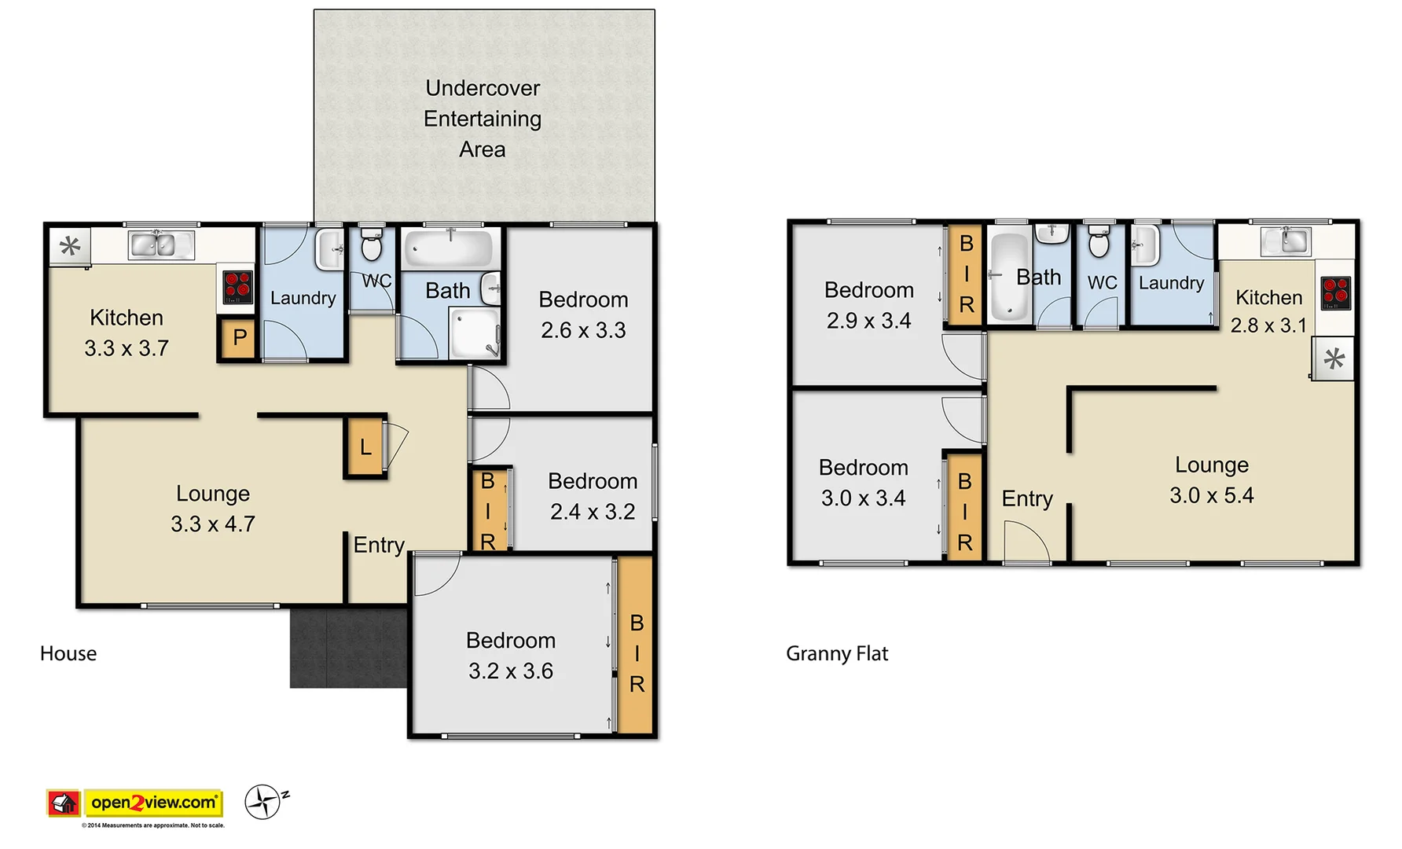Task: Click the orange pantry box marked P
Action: coord(239,339)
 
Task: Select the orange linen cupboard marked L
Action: coord(365,448)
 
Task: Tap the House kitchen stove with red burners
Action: coord(237,288)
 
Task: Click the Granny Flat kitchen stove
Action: coord(1335,292)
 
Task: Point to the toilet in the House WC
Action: coord(371,245)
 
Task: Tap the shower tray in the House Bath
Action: coord(475,333)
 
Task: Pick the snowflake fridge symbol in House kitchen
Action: coord(70,247)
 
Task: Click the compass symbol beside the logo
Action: coord(263,802)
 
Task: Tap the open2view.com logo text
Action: coord(153,803)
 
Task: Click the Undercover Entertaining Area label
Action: coord(483,119)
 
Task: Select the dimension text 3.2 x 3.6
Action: coord(511,671)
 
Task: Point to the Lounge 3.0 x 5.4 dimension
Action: coord(1211,495)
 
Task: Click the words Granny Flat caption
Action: coord(836,653)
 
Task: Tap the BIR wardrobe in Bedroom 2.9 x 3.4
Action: coord(966,274)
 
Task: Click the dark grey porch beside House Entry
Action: coord(348,648)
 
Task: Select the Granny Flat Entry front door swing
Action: coord(1026,542)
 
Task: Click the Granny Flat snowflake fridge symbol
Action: coord(1334,359)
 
